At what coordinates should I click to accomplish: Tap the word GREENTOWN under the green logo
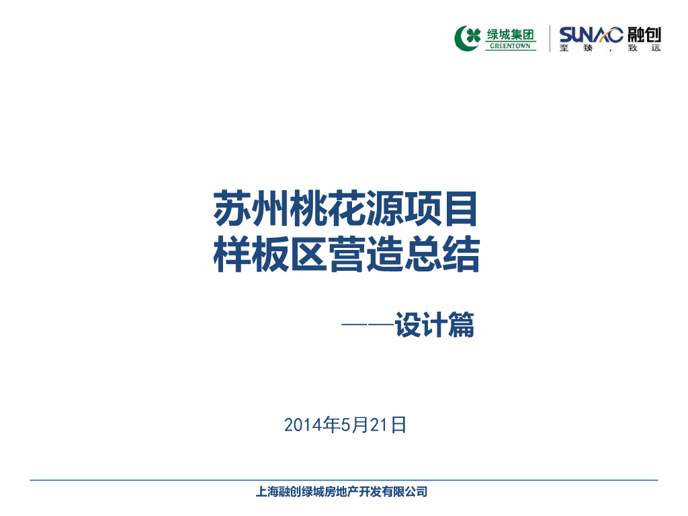[510, 46]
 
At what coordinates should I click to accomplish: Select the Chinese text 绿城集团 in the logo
[511, 34]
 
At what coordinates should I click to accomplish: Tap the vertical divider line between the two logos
[550, 38]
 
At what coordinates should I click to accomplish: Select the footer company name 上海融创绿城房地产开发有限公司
[341, 492]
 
